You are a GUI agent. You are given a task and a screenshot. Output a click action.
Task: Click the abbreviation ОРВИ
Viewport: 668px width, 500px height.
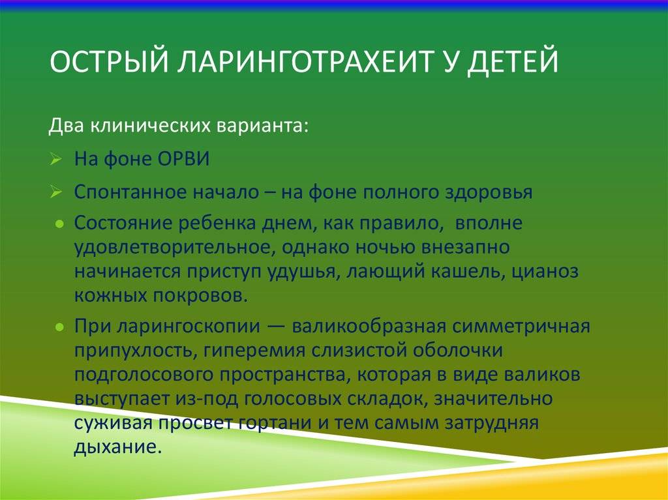[x=183, y=159]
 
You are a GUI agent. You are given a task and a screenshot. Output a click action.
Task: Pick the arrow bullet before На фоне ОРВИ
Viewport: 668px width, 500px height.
[x=56, y=159]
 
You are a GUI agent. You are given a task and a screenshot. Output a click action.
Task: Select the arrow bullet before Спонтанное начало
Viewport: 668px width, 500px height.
[x=56, y=192]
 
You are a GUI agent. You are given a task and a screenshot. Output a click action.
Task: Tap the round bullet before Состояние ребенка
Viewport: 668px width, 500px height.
[x=60, y=223]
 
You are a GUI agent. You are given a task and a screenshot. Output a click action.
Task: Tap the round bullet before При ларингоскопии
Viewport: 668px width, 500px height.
[x=60, y=327]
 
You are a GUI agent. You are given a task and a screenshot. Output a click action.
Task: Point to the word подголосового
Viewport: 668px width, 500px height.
[x=144, y=375]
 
